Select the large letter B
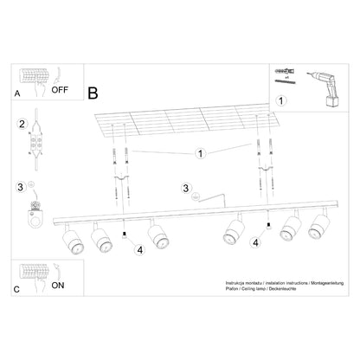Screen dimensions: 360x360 [x=93, y=90]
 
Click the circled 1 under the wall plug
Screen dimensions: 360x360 [x=280, y=100]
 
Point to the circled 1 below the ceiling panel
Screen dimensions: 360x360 [x=199, y=155]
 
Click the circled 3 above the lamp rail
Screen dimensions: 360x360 [x=184, y=190]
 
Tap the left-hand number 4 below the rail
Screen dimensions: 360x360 [x=137, y=251]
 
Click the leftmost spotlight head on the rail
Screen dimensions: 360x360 [x=73, y=241]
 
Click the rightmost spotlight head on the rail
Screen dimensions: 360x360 [x=317, y=231]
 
